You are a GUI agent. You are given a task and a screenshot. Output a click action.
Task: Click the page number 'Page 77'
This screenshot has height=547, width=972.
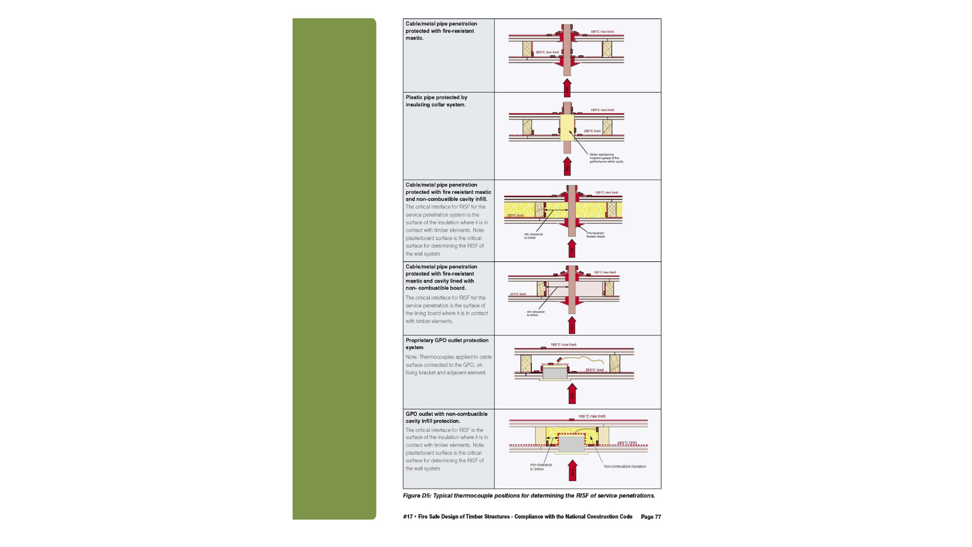coord(651,517)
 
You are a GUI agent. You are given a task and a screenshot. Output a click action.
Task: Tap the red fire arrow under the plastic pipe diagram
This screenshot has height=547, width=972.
coord(568,166)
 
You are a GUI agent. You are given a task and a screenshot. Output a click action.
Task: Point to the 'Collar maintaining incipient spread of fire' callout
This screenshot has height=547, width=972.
coord(606,158)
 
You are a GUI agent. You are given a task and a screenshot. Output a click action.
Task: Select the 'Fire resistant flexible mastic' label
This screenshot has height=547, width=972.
coord(595,235)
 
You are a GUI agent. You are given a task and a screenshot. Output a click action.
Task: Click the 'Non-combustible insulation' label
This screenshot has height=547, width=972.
coord(625,466)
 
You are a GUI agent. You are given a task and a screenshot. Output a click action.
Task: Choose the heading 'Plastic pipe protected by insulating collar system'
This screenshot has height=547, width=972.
coord(436,101)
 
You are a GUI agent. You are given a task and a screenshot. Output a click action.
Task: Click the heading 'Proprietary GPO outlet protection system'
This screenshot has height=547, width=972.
coord(447,343)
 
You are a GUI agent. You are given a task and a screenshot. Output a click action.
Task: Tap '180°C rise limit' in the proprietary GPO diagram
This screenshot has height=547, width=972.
coord(563,344)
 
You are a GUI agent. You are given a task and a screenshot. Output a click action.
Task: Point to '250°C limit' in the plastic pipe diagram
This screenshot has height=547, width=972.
coord(592,131)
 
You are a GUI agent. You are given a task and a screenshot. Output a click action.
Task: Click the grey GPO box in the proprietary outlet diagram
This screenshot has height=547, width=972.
coord(555,373)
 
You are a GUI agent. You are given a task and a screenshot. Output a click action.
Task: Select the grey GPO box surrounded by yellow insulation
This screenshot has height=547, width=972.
coord(571,444)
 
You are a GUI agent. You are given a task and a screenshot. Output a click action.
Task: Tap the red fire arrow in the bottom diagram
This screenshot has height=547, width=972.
coord(573,471)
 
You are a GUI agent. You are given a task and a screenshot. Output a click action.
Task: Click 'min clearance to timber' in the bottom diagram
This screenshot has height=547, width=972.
coord(541,466)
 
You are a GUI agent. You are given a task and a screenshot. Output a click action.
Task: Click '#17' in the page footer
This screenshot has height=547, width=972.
coord(408,517)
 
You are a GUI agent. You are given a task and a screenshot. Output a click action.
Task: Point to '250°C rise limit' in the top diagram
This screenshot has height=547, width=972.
coord(547,52)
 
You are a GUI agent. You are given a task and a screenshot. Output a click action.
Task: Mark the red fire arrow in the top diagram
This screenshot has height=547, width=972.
coord(568,88)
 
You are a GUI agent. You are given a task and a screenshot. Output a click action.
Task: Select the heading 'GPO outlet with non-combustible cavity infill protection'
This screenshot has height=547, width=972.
coord(446,417)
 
